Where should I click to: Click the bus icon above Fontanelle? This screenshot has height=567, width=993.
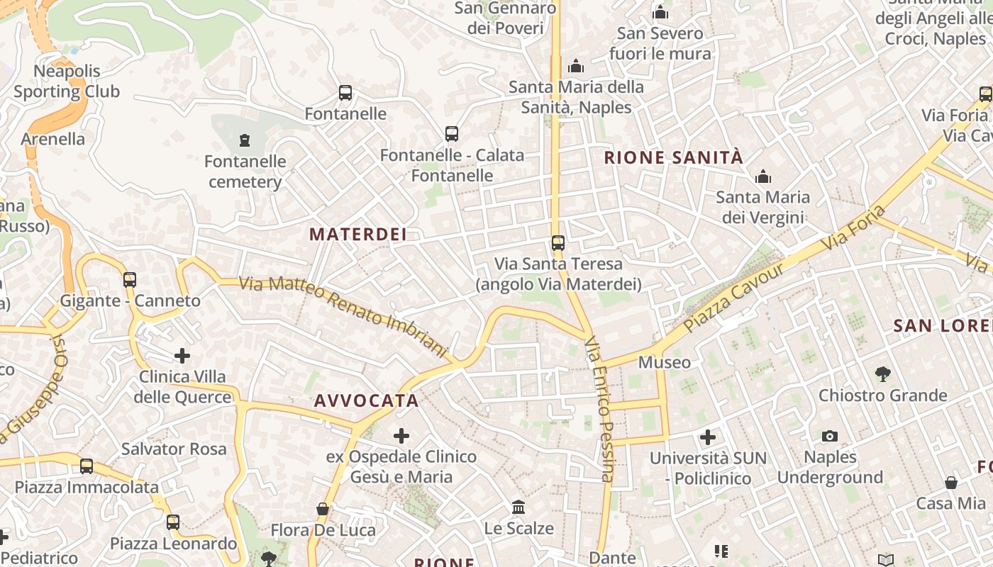pyautogui.click(x=345, y=93)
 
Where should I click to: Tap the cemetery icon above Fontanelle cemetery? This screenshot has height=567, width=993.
pyautogui.click(x=245, y=140)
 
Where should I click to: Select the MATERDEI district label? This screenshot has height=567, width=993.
pyautogui.click(x=358, y=235)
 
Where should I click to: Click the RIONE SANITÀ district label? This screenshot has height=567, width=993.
pyautogui.click(x=673, y=157)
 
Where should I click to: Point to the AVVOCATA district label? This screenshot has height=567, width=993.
pyautogui.click(x=367, y=400)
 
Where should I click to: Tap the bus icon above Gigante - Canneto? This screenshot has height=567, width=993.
pyautogui.click(x=130, y=279)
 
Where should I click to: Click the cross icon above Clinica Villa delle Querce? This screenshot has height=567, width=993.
pyautogui.click(x=182, y=355)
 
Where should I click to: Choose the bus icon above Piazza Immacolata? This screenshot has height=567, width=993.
pyautogui.click(x=87, y=466)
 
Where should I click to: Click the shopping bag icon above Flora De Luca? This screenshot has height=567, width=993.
pyautogui.click(x=323, y=509)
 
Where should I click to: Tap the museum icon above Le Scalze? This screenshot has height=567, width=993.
pyautogui.click(x=518, y=507)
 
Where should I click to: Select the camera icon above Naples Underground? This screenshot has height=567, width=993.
pyautogui.click(x=830, y=436)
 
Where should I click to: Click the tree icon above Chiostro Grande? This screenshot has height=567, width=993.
pyautogui.click(x=882, y=374)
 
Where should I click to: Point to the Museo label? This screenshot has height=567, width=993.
pyautogui.click(x=665, y=363)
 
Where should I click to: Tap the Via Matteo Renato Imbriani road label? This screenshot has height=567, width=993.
pyautogui.click(x=345, y=316)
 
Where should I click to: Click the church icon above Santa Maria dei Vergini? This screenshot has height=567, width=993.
pyautogui.click(x=763, y=176)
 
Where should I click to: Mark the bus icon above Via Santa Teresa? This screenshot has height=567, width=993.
pyautogui.click(x=558, y=243)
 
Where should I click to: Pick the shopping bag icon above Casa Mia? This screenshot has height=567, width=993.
pyautogui.click(x=951, y=483)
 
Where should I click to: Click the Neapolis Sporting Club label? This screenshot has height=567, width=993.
pyautogui.click(x=67, y=81)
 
